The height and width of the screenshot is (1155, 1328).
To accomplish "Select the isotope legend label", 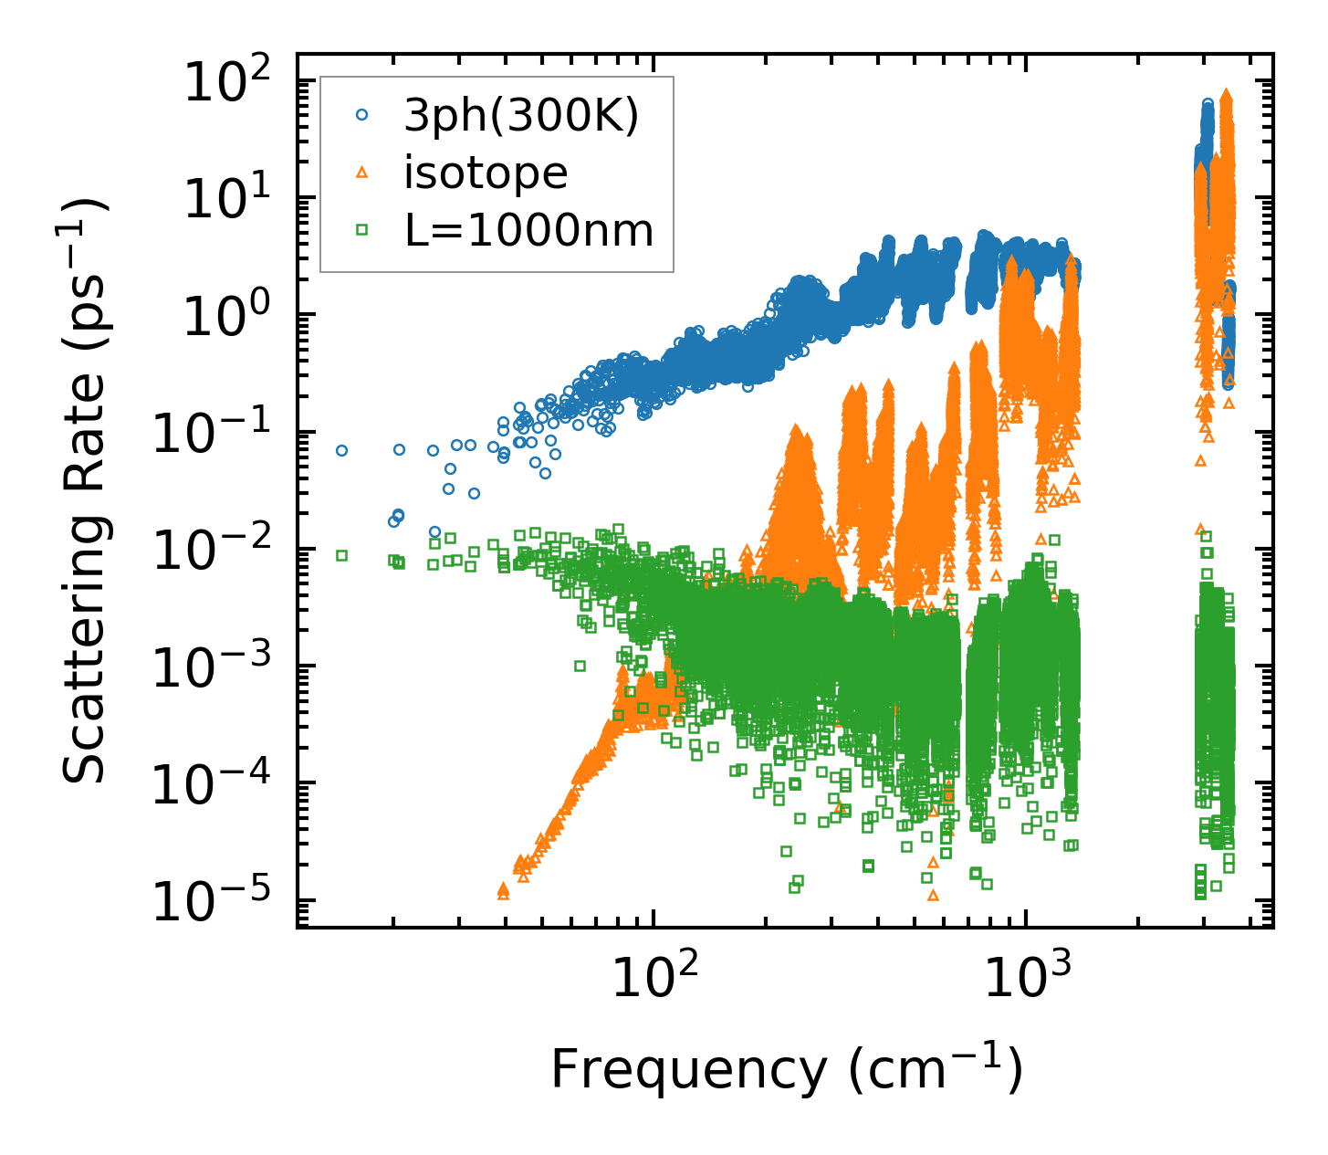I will click(x=486, y=173).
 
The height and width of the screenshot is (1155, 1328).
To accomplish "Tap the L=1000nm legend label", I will click(x=529, y=231).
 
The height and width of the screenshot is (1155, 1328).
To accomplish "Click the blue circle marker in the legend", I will click(x=362, y=115).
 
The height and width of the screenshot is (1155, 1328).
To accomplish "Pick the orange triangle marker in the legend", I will click(x=362, y=173).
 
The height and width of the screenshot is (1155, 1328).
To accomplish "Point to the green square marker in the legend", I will click(x=362, y=231).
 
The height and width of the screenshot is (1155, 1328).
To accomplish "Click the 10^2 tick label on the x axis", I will click(x=652, y=978).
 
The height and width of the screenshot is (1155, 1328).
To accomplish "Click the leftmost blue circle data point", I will click(x=341, y=450).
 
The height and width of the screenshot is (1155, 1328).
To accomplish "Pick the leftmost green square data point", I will click(x=341, y=555).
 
